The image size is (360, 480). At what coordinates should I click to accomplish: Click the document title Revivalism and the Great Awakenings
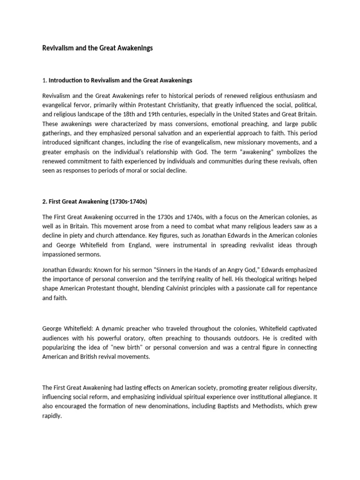coord(97,48)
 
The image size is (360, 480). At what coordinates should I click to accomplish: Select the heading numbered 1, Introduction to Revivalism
coord(117,80)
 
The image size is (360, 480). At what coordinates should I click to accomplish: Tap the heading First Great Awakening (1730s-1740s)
coord(95,202)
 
